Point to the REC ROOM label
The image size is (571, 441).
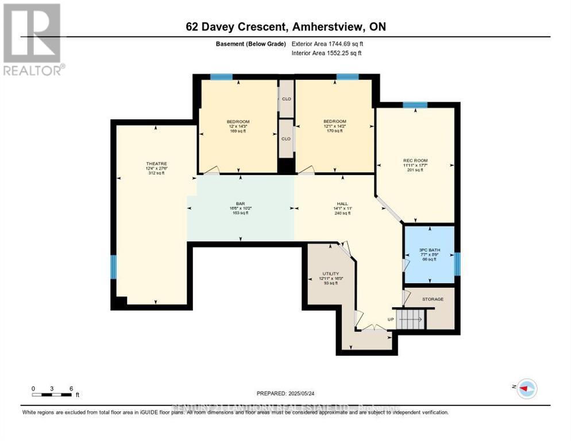pyautogui.click(x=415, y=160)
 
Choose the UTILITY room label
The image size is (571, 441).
pyautogui.click(x=330, y=273)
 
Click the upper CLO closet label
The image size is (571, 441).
pyautogui.click(x=285, y=99)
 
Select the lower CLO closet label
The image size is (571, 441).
pyautogui.click(x=285, y=138)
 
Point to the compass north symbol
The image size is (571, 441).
pyautogui.click(x=526, y=389)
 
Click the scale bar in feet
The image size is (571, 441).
pyautogui.click(x=52, y=394)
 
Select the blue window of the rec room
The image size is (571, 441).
pyautogui.click(x=415, y=105)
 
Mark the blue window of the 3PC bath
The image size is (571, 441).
pyautogui.click(x=457, y=264)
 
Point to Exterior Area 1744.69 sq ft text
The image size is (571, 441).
pyautogui.click(x=327, y=43)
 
